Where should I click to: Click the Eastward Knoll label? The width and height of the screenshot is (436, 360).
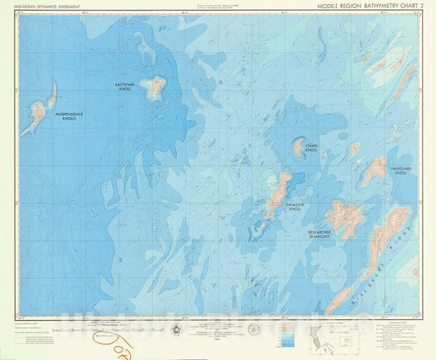tap(124, 86)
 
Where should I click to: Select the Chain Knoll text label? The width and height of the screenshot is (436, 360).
tap(311, 150)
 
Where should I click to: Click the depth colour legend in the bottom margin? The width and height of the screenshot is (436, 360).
tap(289, 331)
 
